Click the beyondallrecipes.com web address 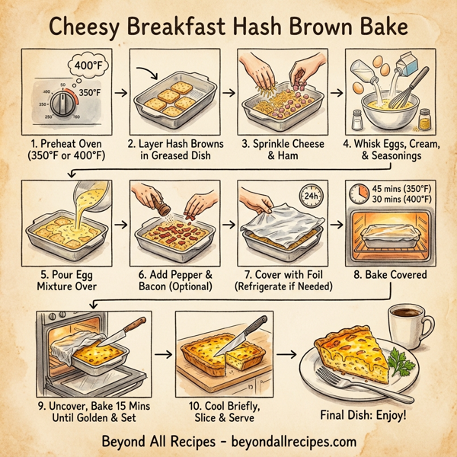[289, 441]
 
